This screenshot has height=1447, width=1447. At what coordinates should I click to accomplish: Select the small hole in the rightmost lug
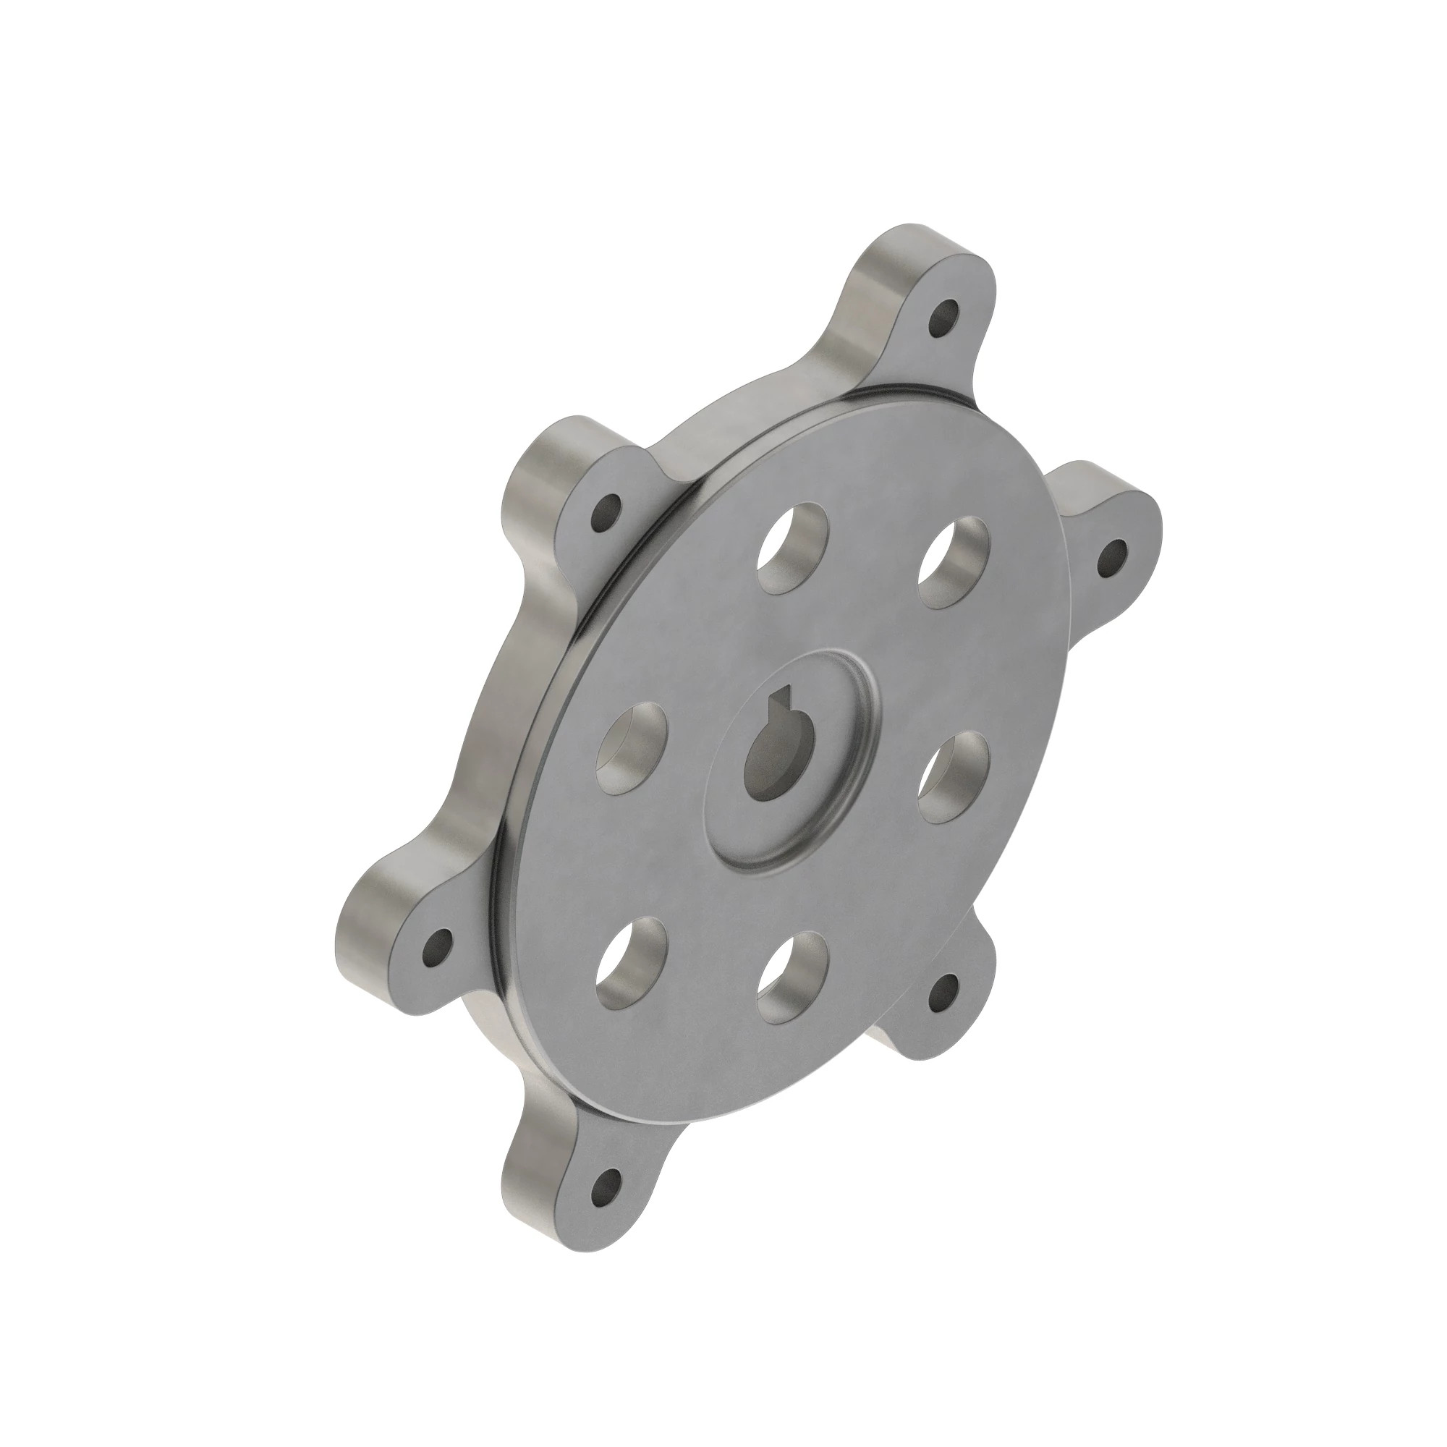pyautogui.click(x=1113, y=557)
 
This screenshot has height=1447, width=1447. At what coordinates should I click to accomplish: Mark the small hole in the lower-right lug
pyautogui.click(x=945, y=993)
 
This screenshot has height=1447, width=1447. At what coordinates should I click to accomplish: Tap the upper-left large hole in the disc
pyautogui.click(x=792, y=547)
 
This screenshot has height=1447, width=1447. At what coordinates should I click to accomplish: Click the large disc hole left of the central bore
pyautogui.click(x=632, y=750)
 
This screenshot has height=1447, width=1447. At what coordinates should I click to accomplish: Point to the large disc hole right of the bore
pyautogui.click(x=954, y=776)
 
